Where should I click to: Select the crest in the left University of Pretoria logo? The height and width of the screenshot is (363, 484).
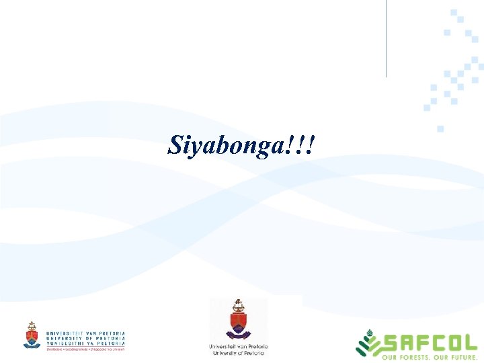32,335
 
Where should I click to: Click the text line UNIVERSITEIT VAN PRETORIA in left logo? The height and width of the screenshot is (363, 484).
85,333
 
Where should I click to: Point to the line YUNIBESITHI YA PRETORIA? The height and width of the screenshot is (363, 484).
85,344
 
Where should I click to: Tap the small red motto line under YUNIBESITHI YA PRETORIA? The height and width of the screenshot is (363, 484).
85,350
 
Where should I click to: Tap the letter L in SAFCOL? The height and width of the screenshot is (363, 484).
469,345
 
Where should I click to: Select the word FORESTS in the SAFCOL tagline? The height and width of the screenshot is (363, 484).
416,358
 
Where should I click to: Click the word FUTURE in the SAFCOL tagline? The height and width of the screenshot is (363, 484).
462,358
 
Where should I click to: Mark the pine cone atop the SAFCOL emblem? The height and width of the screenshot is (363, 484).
368,332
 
